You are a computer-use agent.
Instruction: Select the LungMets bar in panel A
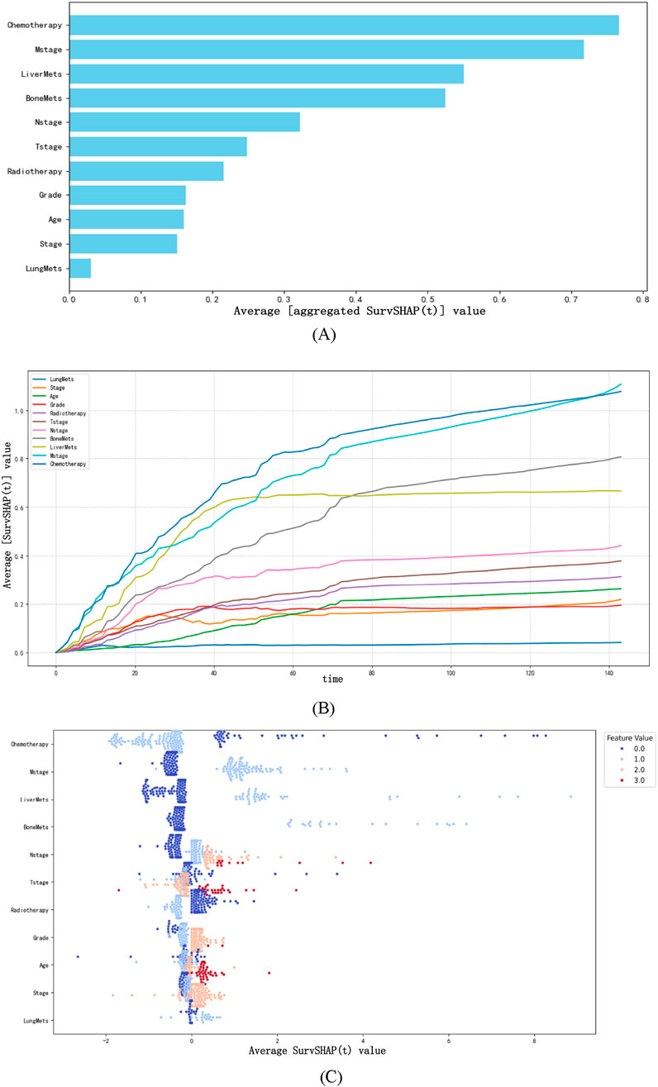click(x=80, y=268)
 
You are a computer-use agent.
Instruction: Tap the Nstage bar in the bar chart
click(x=184, y=122)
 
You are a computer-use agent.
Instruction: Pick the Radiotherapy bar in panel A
click(x=146, y=171)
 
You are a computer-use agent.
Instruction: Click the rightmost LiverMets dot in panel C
click(x=571, y=796)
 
